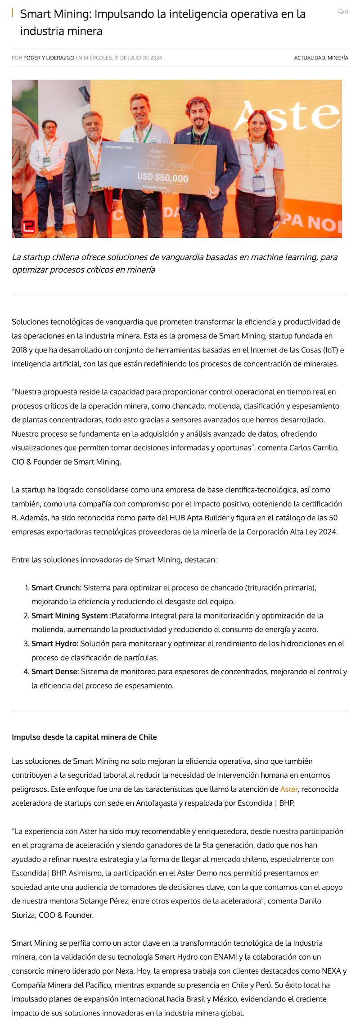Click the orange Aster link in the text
pyautogui.click(x=288, y=789)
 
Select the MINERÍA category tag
pyautogui.click(x=338, y=58)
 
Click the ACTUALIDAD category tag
pyautogui.click(x=310, y=58)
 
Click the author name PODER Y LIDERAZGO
pyautogui.click(x=49, y=58)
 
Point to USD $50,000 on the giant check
pyautogui.click(x=162, y=178)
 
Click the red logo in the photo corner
pyautogui.click(x=29, y=226)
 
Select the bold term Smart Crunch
pyautogui.click(x=56, y=587)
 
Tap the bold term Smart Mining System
pyautogui.click(x=69, y=615)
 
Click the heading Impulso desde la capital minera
pyautogui.click(x=84, y=737)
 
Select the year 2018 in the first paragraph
pyautogui.click(x=20, y=350)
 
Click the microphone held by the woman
pyautogui.click(x=275, y=219)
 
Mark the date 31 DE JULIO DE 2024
pyautogui.click(x=138, y=58)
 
